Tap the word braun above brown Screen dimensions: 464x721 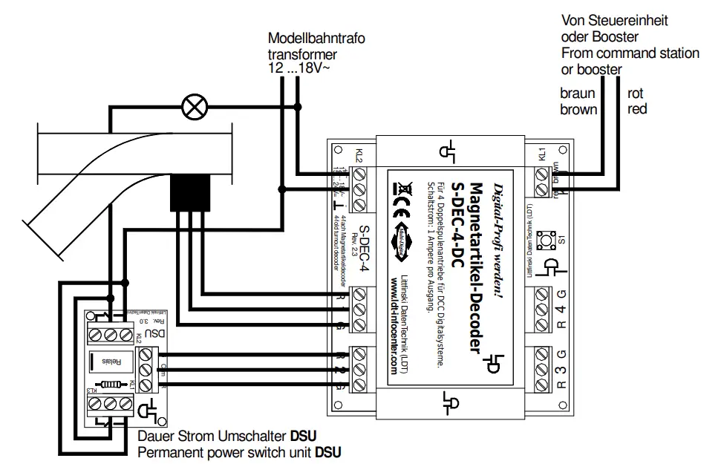[x=578, y=94]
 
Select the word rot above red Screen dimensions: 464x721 [x=636, y=94]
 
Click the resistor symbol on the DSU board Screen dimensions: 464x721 [x=111, y=385]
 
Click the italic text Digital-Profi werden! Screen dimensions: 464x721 [x=499, y=241]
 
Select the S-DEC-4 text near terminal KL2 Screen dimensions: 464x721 [x=365, y=248]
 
